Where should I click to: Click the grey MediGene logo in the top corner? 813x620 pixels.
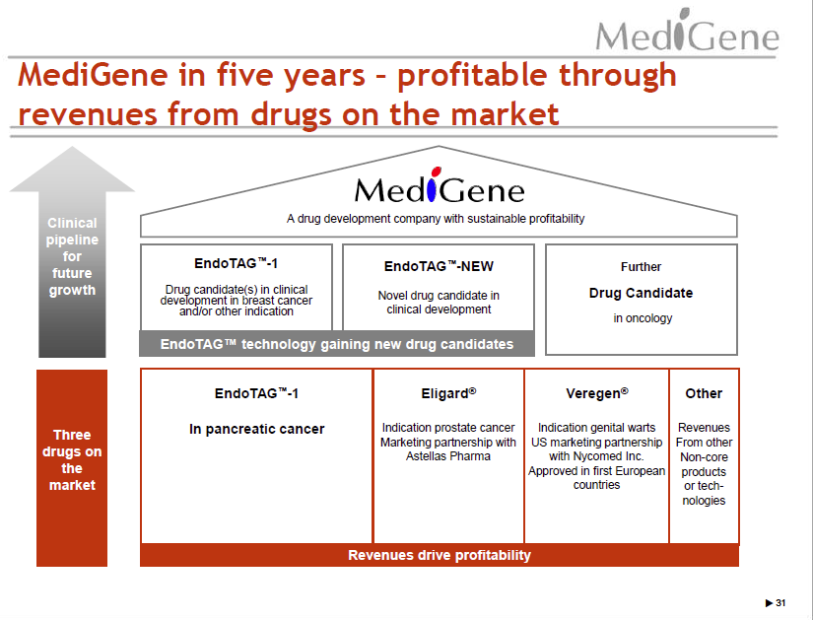click(687, 31)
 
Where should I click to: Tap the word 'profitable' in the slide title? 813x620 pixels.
click(472, 75)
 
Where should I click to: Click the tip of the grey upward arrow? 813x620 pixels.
click(72, 147)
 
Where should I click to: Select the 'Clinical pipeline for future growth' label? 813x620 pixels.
click(72, 256)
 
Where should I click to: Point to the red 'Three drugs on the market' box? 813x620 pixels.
click(72, 468)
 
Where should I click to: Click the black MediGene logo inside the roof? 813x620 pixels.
click(440, 185)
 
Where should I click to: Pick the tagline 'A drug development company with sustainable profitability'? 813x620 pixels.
click(436, 219)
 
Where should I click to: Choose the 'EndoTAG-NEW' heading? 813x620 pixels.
click(439, 266)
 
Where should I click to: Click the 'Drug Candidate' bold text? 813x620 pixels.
click(641, 293)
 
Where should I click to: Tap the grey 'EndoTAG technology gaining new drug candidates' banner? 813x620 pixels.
click(337, 344)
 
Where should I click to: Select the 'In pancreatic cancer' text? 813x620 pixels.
click(256, 429)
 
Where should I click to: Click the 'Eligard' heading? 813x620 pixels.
click(448, 393)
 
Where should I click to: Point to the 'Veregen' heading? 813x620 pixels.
click(597, 393)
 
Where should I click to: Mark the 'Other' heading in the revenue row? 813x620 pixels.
click(704, 393)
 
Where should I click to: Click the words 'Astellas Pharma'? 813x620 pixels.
click(448, 456)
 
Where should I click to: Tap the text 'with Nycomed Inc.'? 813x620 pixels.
click(596, 456)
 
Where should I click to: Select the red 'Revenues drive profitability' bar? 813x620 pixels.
click(440, 555)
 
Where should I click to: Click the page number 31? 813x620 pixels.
click(780, 603)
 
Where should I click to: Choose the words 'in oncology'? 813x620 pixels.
click(643, 318)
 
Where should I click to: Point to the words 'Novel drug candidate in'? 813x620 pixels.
click(439, 295)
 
